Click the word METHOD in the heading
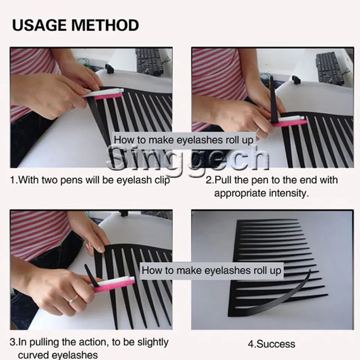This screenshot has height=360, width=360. [x=105, y=25]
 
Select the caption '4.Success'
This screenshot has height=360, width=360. [x=271, y=344]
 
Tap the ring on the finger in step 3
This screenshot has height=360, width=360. [x=73, y=299]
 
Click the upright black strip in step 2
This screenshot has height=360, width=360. [x=274, y=100]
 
